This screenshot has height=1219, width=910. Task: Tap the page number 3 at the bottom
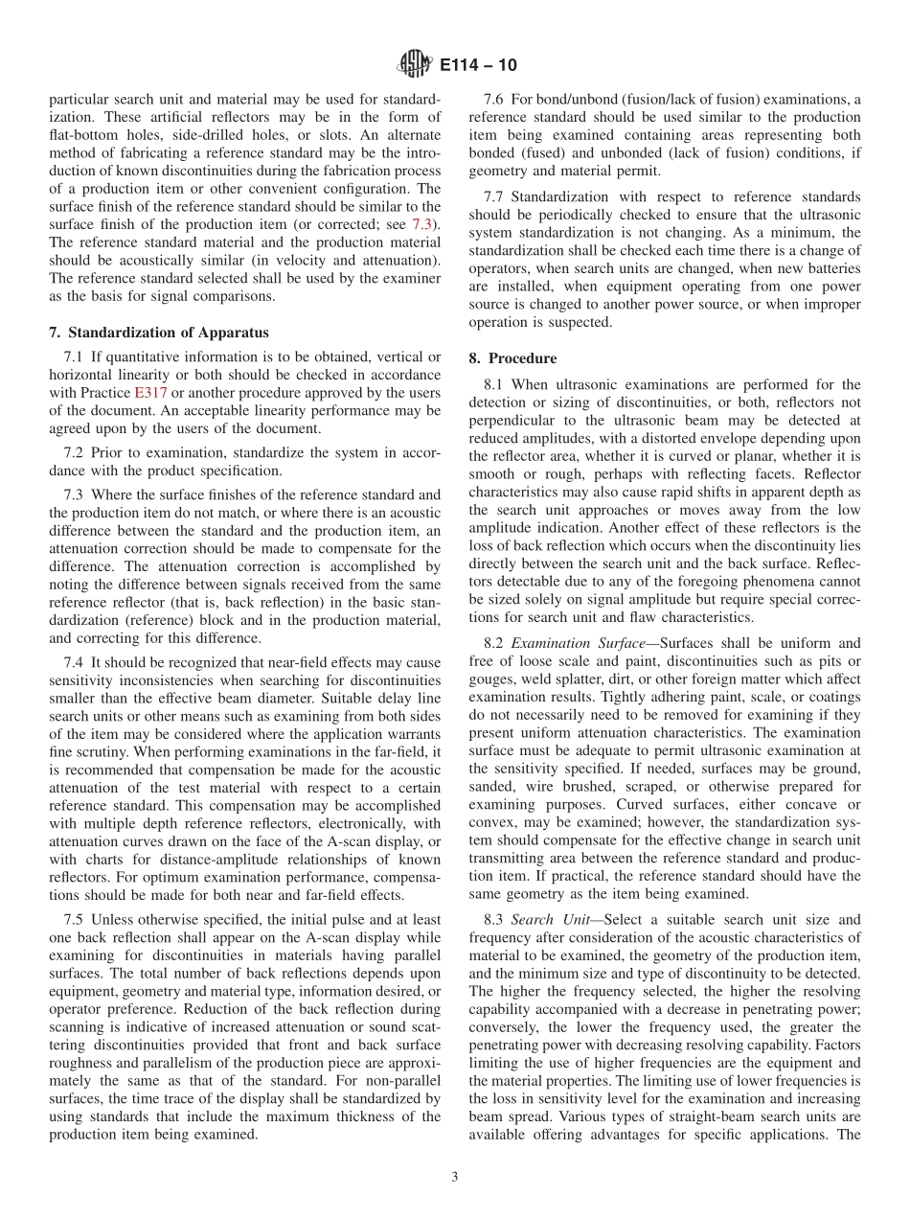click(x=455, y=1177)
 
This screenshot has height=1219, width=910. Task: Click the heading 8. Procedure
click(x=512, y=358)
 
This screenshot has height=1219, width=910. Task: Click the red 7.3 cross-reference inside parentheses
click(x=421, y=223)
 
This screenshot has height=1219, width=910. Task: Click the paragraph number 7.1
click(x=74, y=356)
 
